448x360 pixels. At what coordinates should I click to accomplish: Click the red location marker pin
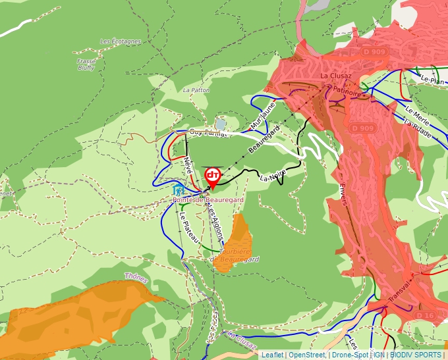click(x=213, y=176)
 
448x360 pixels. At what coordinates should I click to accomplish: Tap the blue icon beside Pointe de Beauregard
click(x=177, y=190)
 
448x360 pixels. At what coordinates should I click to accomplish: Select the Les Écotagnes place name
click(x=121, y=41)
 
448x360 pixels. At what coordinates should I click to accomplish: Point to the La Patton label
click(x=196, y=90)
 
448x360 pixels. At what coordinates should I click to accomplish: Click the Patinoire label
click(x=347, y=93)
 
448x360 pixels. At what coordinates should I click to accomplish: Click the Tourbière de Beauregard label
click(x=236, y=255)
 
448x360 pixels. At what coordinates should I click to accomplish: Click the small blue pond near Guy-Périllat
click(x=221, y=124)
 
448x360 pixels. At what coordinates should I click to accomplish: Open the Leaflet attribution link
click(x=272, y=355)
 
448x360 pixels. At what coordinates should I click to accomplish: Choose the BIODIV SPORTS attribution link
click(x=415, y=355)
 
